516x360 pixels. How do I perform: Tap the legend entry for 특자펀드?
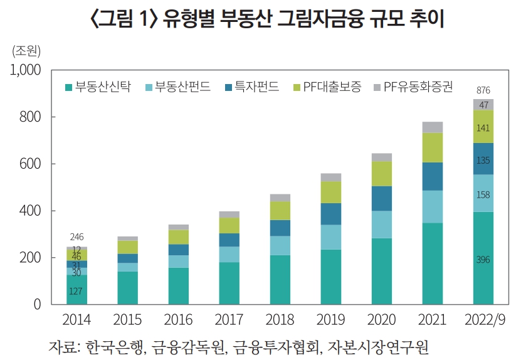pos(256,87)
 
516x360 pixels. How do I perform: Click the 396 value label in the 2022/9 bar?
pos(483,260)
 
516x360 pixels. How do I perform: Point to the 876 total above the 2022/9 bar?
pos(483,90)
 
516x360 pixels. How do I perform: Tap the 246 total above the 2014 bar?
pos(76,237)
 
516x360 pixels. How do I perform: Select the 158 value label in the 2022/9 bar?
pos(483,194)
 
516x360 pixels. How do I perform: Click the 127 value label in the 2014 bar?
pos(76,290)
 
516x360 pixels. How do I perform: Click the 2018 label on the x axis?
pos(280,320)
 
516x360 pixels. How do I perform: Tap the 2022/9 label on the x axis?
pos(483,320)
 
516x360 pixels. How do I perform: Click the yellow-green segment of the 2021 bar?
pos(433,147)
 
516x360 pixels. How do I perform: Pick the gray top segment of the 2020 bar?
pos(382,157)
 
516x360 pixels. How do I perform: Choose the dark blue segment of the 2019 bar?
pos(331,214)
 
